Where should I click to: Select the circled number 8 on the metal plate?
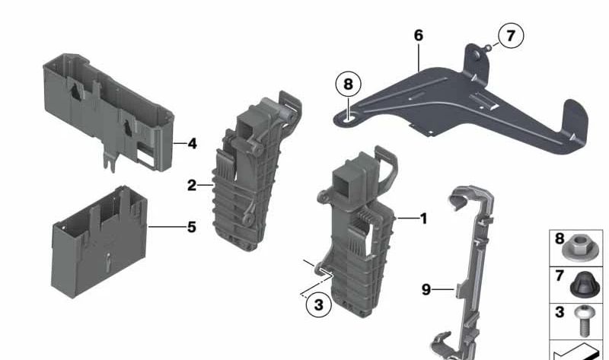pos(348,84)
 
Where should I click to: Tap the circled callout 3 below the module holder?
pos(318,305)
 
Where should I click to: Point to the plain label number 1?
pos(423,219)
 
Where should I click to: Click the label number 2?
pos(191,185)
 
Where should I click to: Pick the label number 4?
pos(192,143)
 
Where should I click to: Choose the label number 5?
pos(191,227)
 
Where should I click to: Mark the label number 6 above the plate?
pos(418,35)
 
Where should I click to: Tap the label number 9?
pos(426,289)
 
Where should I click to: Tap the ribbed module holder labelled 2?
pos(251,175)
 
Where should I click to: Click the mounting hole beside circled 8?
pos(349,116)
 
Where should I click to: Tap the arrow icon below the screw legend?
pos(579,351)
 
